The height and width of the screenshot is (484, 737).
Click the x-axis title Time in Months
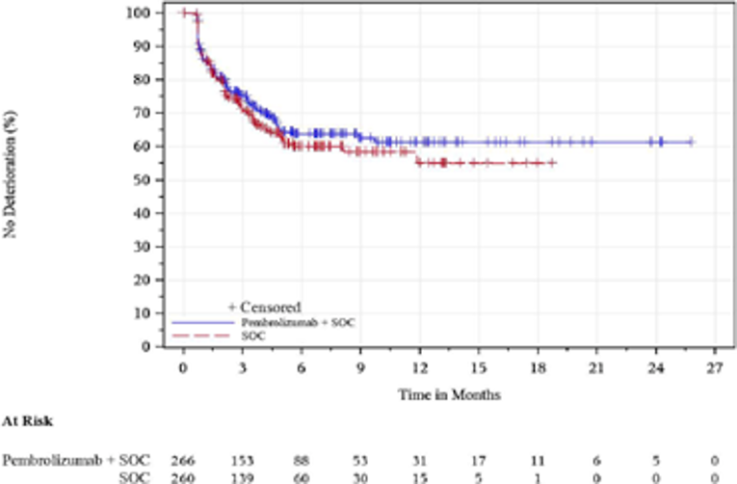[x=448, y=394]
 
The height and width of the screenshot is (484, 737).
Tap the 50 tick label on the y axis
[x=143, y=179]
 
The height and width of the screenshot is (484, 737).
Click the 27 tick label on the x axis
[x=714, y=368]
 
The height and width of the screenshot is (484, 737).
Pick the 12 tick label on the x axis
[x=419, y=368]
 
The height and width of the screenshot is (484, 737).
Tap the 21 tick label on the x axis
[x=596, y=368]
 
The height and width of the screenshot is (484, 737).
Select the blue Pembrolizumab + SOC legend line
[x=201, y=321]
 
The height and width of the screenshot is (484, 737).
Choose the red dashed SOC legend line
[x=201, y=335]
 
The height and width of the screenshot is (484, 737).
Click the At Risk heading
[x=26, y=421]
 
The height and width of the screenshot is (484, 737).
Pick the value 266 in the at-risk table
[x=183, y=461]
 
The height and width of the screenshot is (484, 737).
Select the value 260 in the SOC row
[x=183, y=476]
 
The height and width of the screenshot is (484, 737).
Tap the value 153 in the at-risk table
[x=242, y=461]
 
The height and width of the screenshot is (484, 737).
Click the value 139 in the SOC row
[x=242, y=476]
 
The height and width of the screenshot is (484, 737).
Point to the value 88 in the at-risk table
[x=301, y=461]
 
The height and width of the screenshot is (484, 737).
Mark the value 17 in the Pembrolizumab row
[x=478, y=461]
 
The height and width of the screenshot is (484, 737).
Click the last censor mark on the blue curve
[x=691, y=142]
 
